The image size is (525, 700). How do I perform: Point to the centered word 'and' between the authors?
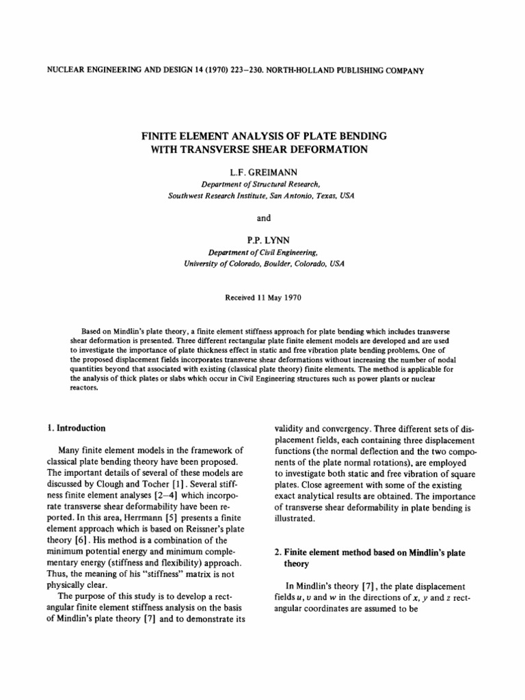(x=263, y=218)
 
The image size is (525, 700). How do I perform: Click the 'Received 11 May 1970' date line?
(x=262, y=297)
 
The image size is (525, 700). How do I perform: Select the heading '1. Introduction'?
(x=76, y=429)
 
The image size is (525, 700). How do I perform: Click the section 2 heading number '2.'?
(x=278, y=552)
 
